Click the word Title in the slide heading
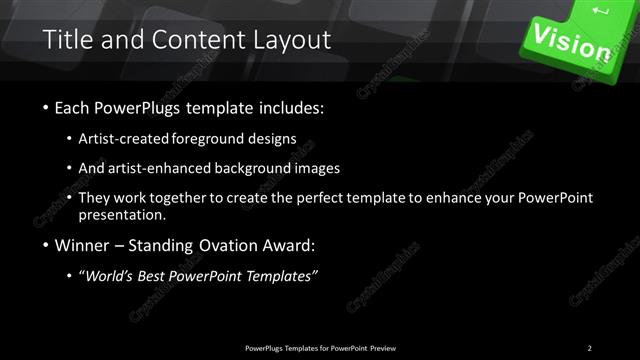pyautogui.click(x=67, y=40)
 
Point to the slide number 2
pyautogui.click(x=590, y=347)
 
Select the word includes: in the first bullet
pyautogui.click(x=288, y=107)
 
